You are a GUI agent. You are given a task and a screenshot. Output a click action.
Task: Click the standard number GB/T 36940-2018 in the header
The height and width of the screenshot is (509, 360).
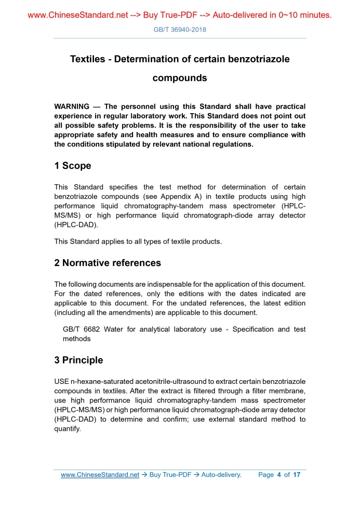point(180,30)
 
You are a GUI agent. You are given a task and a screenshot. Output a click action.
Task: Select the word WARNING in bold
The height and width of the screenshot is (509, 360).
point(72,106)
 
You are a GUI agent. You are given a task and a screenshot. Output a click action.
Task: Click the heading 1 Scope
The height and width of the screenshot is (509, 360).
point(72,166)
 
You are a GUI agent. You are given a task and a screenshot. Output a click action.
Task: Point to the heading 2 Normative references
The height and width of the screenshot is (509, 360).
point(108,263)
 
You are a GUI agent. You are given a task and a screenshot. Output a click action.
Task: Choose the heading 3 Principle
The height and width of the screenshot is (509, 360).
point(78,360)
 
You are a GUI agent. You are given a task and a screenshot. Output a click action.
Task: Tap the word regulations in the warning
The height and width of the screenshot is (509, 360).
point(229,145)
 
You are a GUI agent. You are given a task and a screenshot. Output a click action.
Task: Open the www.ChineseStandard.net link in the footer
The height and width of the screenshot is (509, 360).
point(100,475)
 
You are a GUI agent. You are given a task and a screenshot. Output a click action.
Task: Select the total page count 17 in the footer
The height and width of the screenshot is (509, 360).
point(297,475)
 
